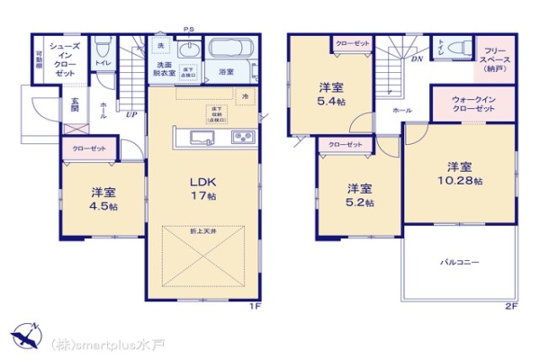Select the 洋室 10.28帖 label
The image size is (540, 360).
460,174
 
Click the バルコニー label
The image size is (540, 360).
459,262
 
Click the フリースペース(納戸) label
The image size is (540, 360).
495,59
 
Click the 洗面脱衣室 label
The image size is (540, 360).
164,70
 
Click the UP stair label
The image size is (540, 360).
131,115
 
